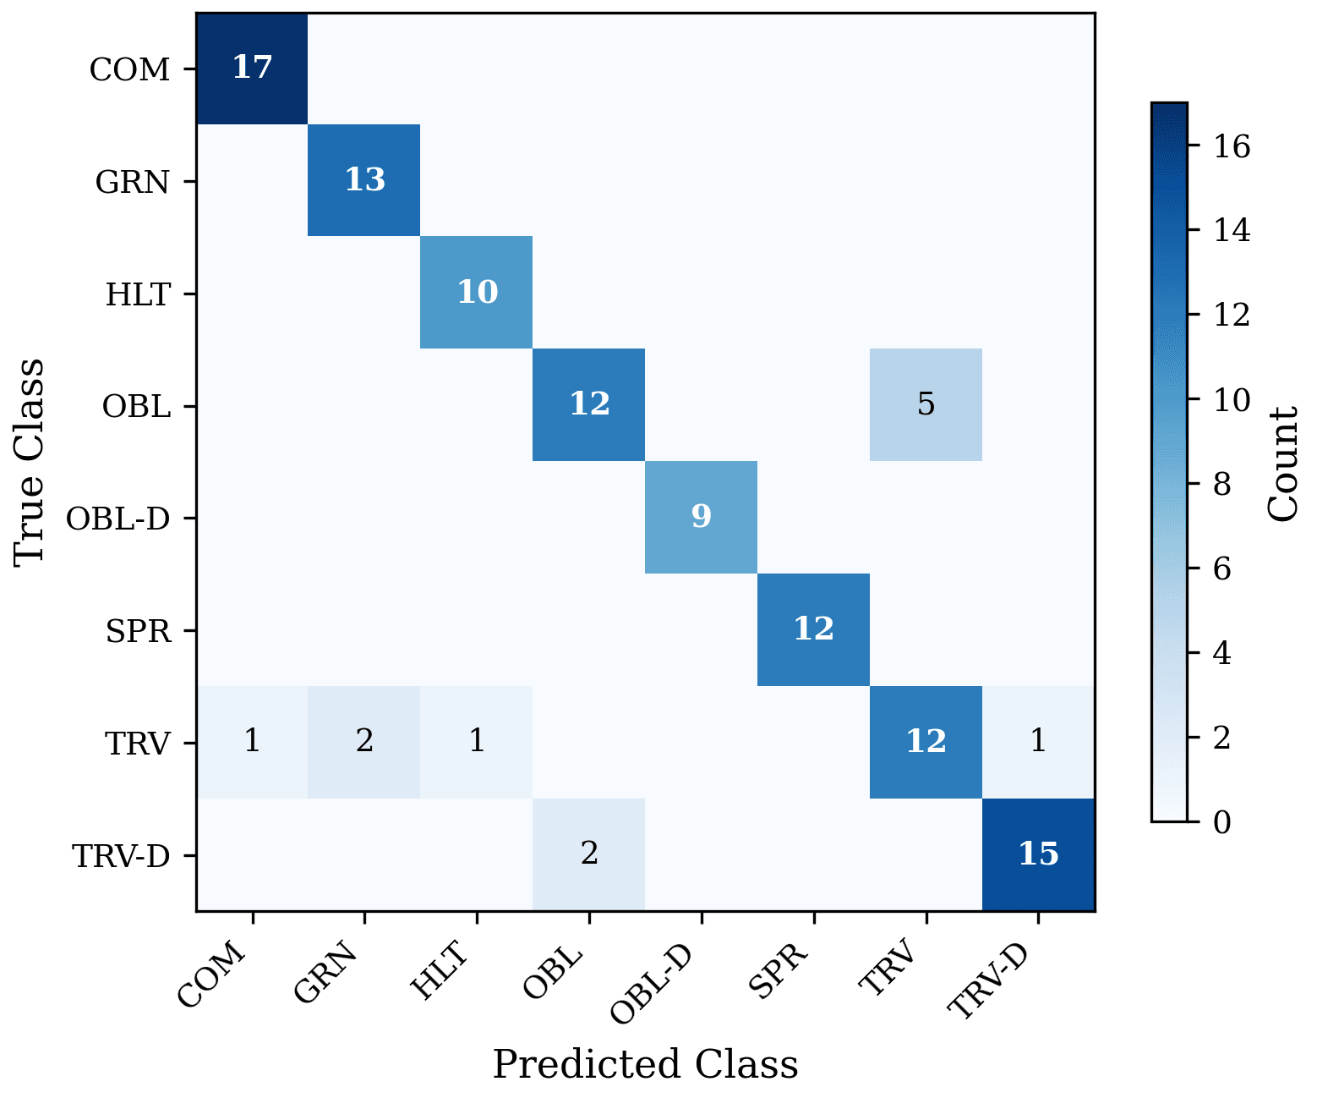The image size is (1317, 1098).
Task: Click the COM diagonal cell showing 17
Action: pyautogui.click(x=252, y=68)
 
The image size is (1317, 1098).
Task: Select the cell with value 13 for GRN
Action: pyautogui.click(x=364, y=180)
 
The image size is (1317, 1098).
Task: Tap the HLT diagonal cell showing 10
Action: pyautogui.click(x=477, y=293)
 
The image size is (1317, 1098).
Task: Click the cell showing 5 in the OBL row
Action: pyautogui.click(x=926, y=404)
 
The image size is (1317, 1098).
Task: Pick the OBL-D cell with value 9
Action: pyautogui.click(x=701, y=517)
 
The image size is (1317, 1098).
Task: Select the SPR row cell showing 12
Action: pyautogui.click(x=813, y=629)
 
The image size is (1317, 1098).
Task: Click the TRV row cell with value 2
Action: pyautogui.click(x=364, y=742)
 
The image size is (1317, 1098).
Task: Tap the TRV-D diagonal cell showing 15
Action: pyautogui.click(x=1038, y=854)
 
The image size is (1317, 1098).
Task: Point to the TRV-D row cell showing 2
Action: pyautogui.click(x=589, y=854)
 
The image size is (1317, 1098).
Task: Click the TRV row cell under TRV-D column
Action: pyautogui.click(x=1038, y=742)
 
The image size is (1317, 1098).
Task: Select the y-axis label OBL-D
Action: pyautogui.click(x=118, y=519)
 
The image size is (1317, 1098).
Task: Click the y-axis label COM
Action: pyautogui.click(x=130, y=69)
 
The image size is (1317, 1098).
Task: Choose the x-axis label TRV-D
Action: pyautogui.click(x=989, y=981)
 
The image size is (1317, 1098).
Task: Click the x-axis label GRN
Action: pyautogui.click(x=328, y=972)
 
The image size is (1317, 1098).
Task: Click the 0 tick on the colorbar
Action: pyautogui.click(x=1222, y=821)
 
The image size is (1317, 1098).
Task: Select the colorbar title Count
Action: pyautogui.click(x=1282, y=464)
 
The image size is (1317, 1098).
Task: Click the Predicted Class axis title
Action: pyautogui.click(x=645, y=1064)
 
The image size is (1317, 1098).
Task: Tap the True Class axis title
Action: pyautogui.click(x=30, y=462)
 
